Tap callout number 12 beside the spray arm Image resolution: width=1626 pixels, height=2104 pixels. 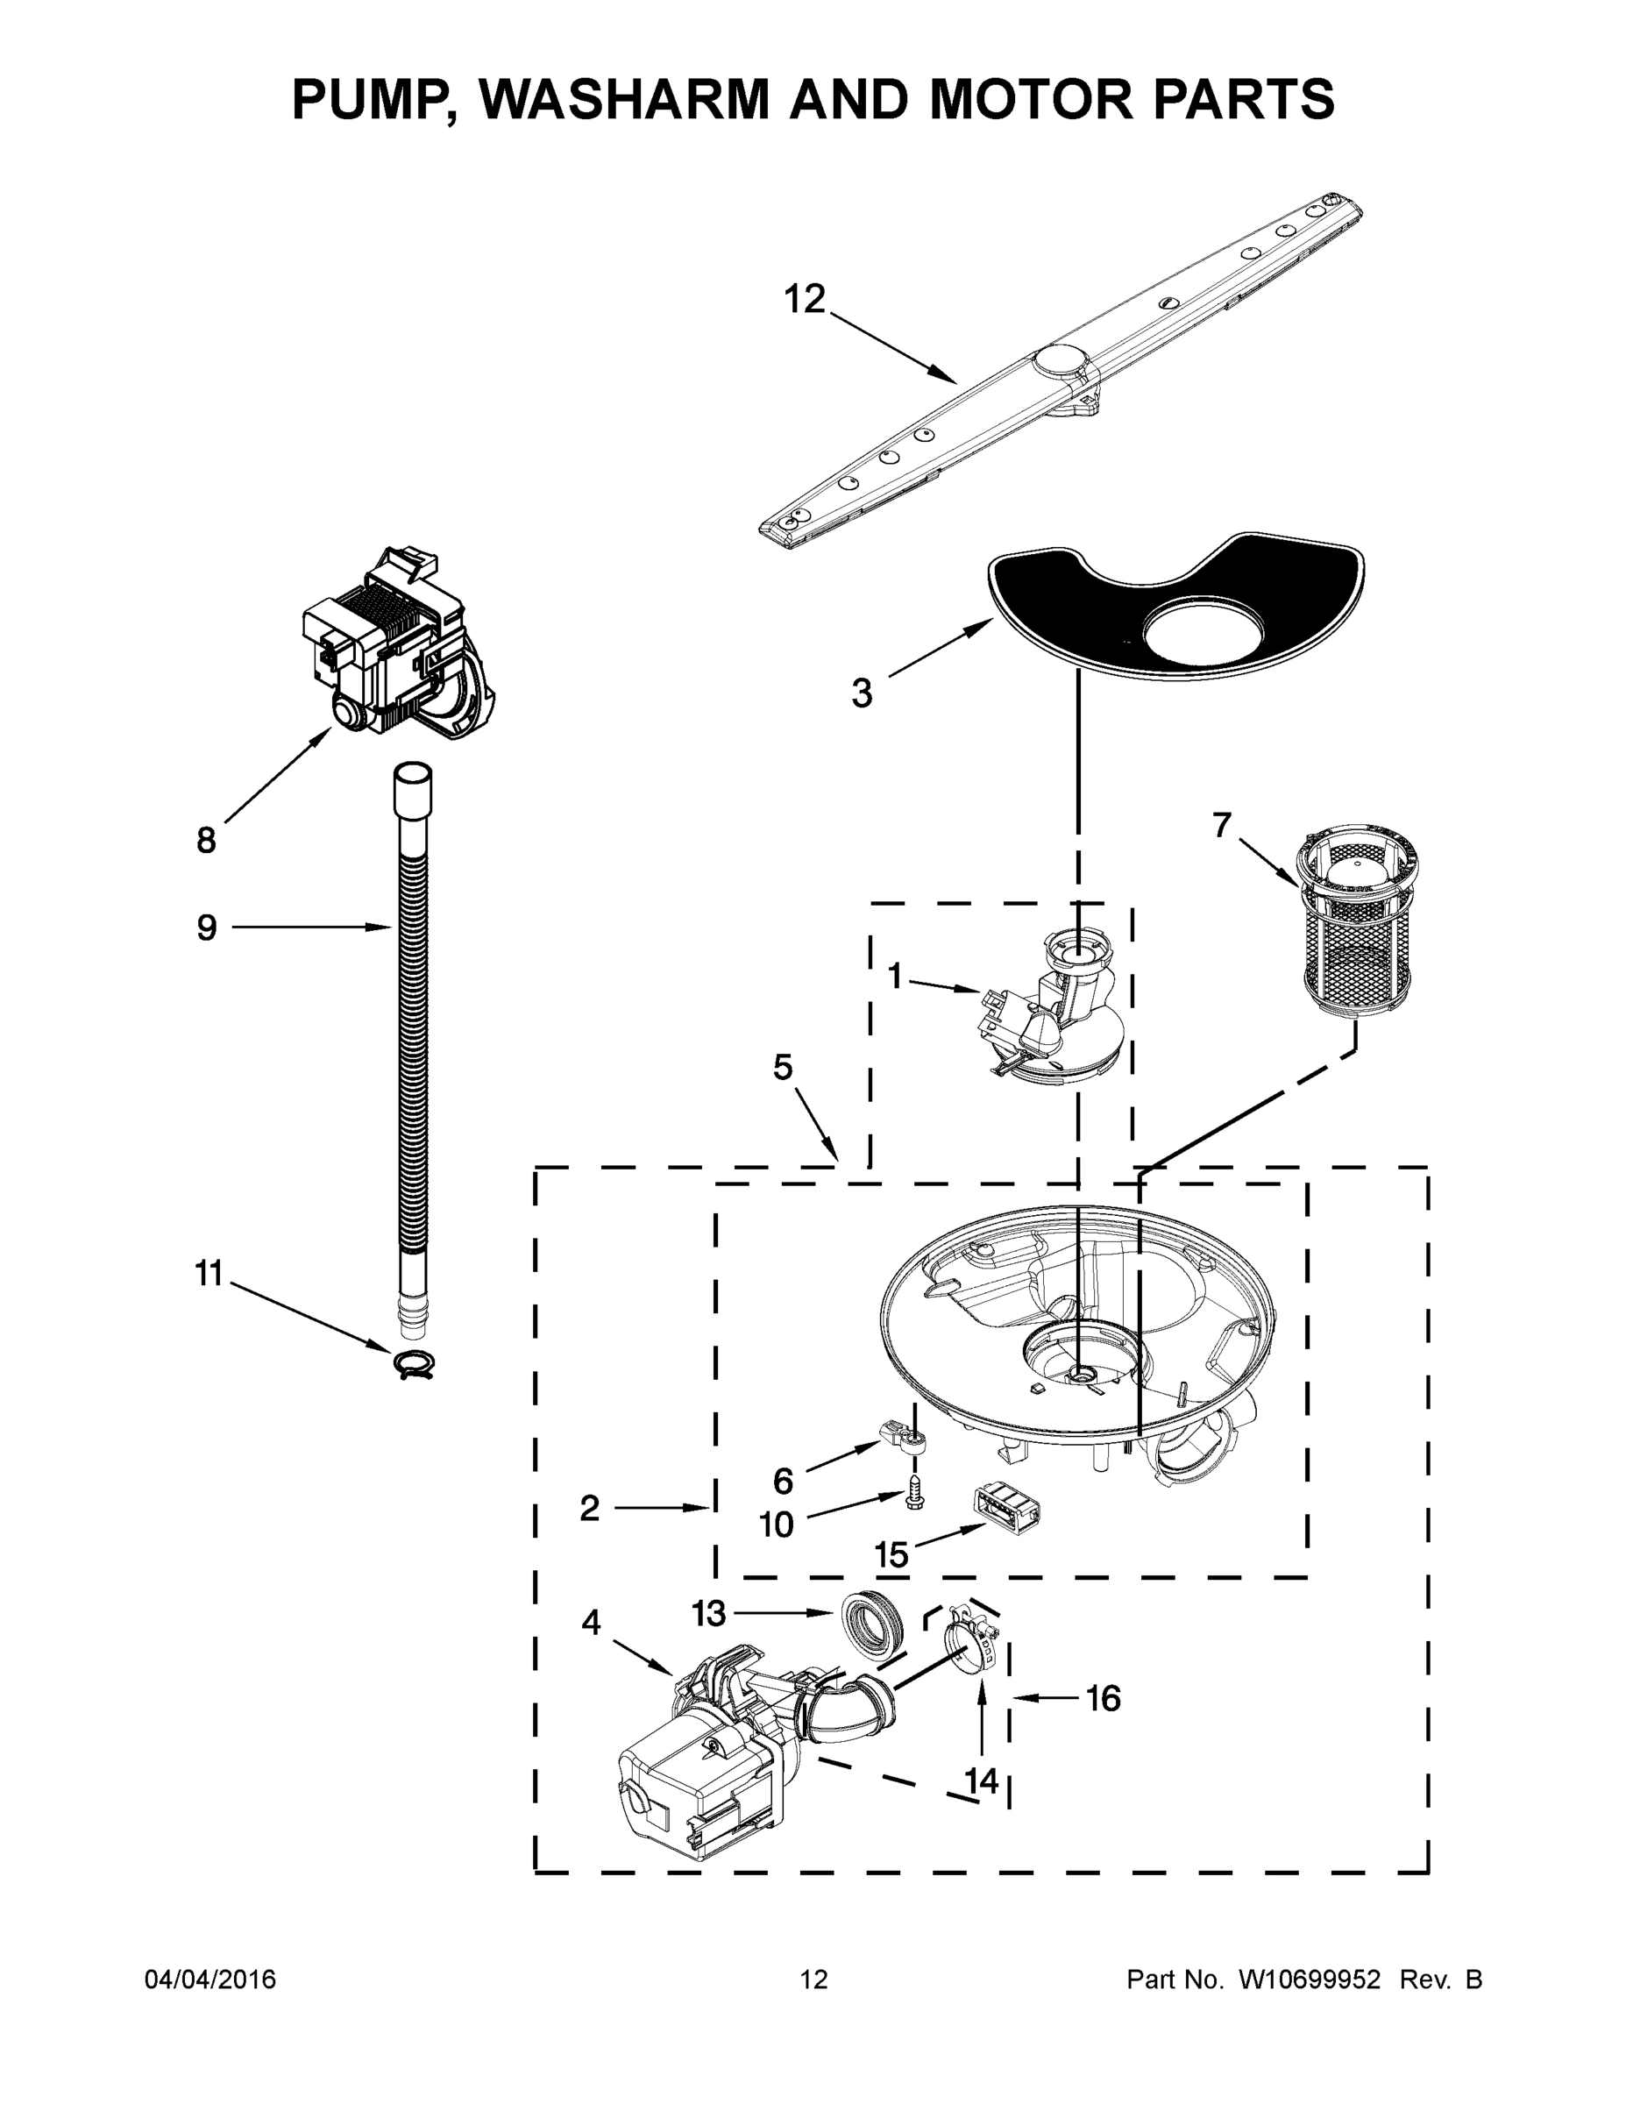805,300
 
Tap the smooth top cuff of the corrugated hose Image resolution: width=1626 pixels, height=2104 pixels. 412,789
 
